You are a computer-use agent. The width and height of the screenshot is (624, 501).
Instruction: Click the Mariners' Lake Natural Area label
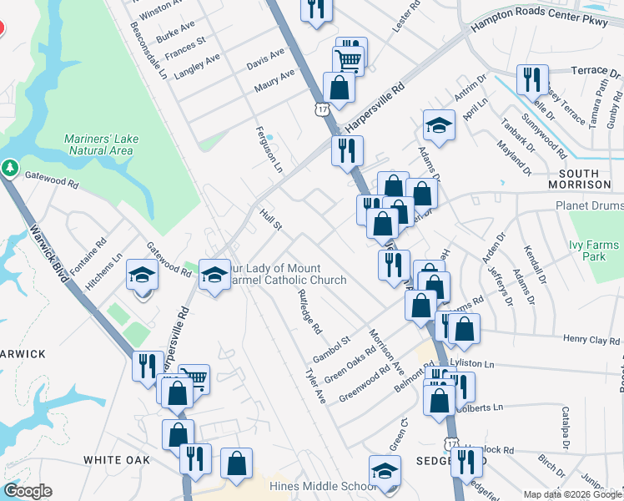98,144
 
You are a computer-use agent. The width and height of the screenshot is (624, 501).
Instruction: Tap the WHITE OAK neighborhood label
116,460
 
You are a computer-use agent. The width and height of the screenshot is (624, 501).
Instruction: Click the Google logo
28,491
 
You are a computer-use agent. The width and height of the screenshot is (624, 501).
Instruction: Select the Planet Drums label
589,205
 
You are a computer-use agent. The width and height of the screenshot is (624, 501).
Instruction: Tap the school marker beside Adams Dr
439,125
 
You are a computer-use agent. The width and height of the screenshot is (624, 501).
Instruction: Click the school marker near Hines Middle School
385,470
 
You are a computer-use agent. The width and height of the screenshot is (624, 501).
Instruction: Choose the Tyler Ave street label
315,385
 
